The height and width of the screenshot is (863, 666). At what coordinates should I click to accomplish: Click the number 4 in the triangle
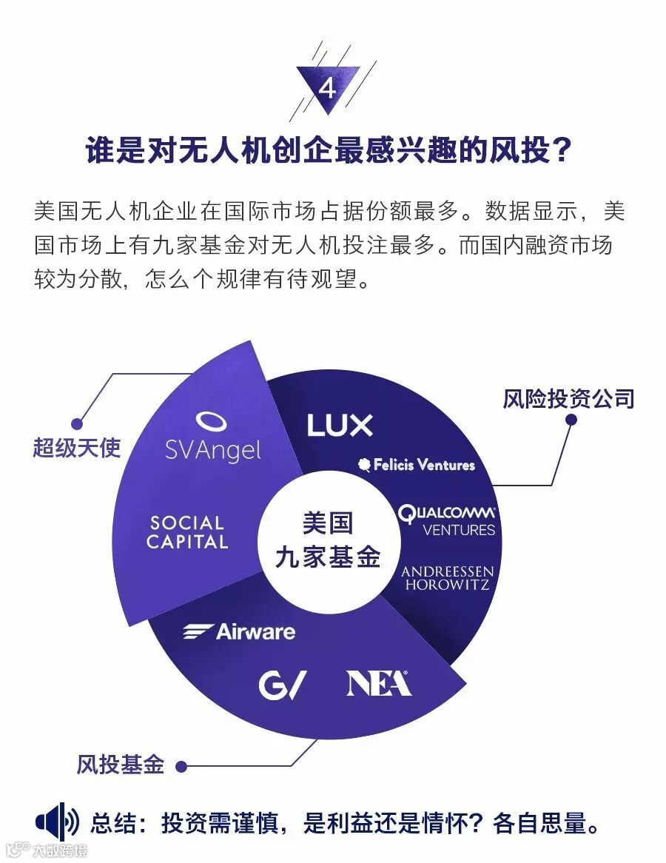tap(327, 90)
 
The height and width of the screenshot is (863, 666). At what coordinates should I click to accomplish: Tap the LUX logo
tap(340, 425)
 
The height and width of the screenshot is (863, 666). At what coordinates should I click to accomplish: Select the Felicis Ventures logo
tap(416, 465)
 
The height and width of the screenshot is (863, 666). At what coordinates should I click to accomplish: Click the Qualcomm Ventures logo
tap(446, 520)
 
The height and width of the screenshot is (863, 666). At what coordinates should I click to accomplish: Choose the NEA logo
tap(378, 683)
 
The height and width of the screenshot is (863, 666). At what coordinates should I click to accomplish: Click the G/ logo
tap(282, 685)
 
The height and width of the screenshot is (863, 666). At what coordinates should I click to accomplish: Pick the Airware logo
tap(239, 631)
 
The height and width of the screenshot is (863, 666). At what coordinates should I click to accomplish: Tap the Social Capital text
tap(186, 533)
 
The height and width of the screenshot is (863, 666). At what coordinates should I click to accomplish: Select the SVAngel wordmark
tap(212, 449)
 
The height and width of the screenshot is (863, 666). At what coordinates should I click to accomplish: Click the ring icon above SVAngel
tap(211, 420)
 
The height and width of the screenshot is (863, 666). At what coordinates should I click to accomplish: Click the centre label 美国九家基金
tap(327, 540)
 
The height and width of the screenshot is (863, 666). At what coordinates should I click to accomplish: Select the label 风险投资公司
tap(568, 399)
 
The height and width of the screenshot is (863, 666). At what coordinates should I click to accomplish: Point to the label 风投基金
tap(121, 765)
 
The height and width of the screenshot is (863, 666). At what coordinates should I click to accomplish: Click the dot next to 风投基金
tap(180, 765)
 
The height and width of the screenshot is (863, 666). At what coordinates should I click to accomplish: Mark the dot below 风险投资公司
tap(571, 420)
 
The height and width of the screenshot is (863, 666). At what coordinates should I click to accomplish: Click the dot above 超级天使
tap(76, 424)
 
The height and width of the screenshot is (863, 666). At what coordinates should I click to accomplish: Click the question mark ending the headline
tap(562, 151)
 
